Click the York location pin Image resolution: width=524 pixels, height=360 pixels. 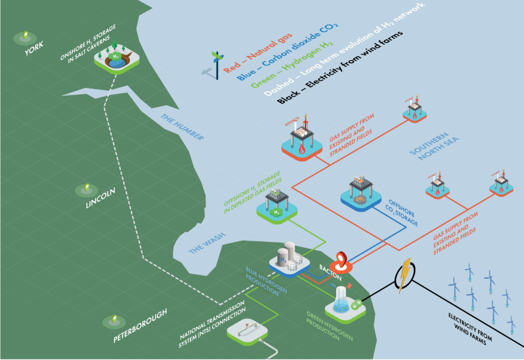(24, 37)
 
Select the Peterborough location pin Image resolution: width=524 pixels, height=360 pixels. (114, 319)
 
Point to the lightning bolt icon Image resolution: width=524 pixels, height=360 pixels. (405, 275)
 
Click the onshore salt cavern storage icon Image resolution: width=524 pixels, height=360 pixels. (116, 59)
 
